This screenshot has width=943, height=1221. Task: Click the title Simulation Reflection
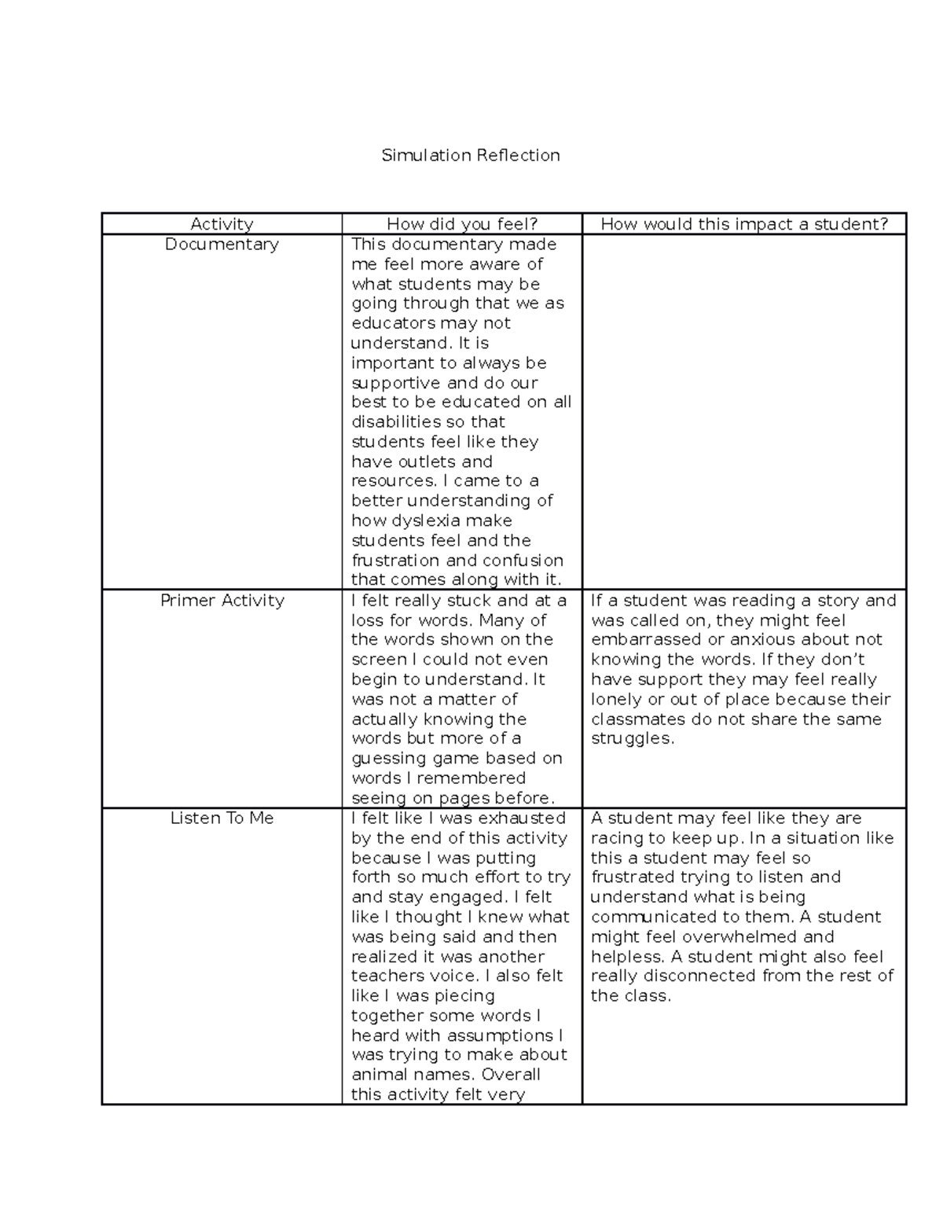pos(470,155)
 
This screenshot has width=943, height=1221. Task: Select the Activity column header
pos(222,224)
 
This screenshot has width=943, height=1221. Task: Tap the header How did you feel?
pos(462,224)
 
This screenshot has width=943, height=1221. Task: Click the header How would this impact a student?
pos(743,224)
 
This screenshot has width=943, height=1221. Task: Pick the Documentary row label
pos(222,244)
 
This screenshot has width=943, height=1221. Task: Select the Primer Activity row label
pos(222,600)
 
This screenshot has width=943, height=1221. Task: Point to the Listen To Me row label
pos(222,818)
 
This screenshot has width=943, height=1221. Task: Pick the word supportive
pos(396,383)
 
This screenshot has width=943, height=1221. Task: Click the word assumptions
pos(479,1035)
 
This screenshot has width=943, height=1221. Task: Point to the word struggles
pos(631,738)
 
